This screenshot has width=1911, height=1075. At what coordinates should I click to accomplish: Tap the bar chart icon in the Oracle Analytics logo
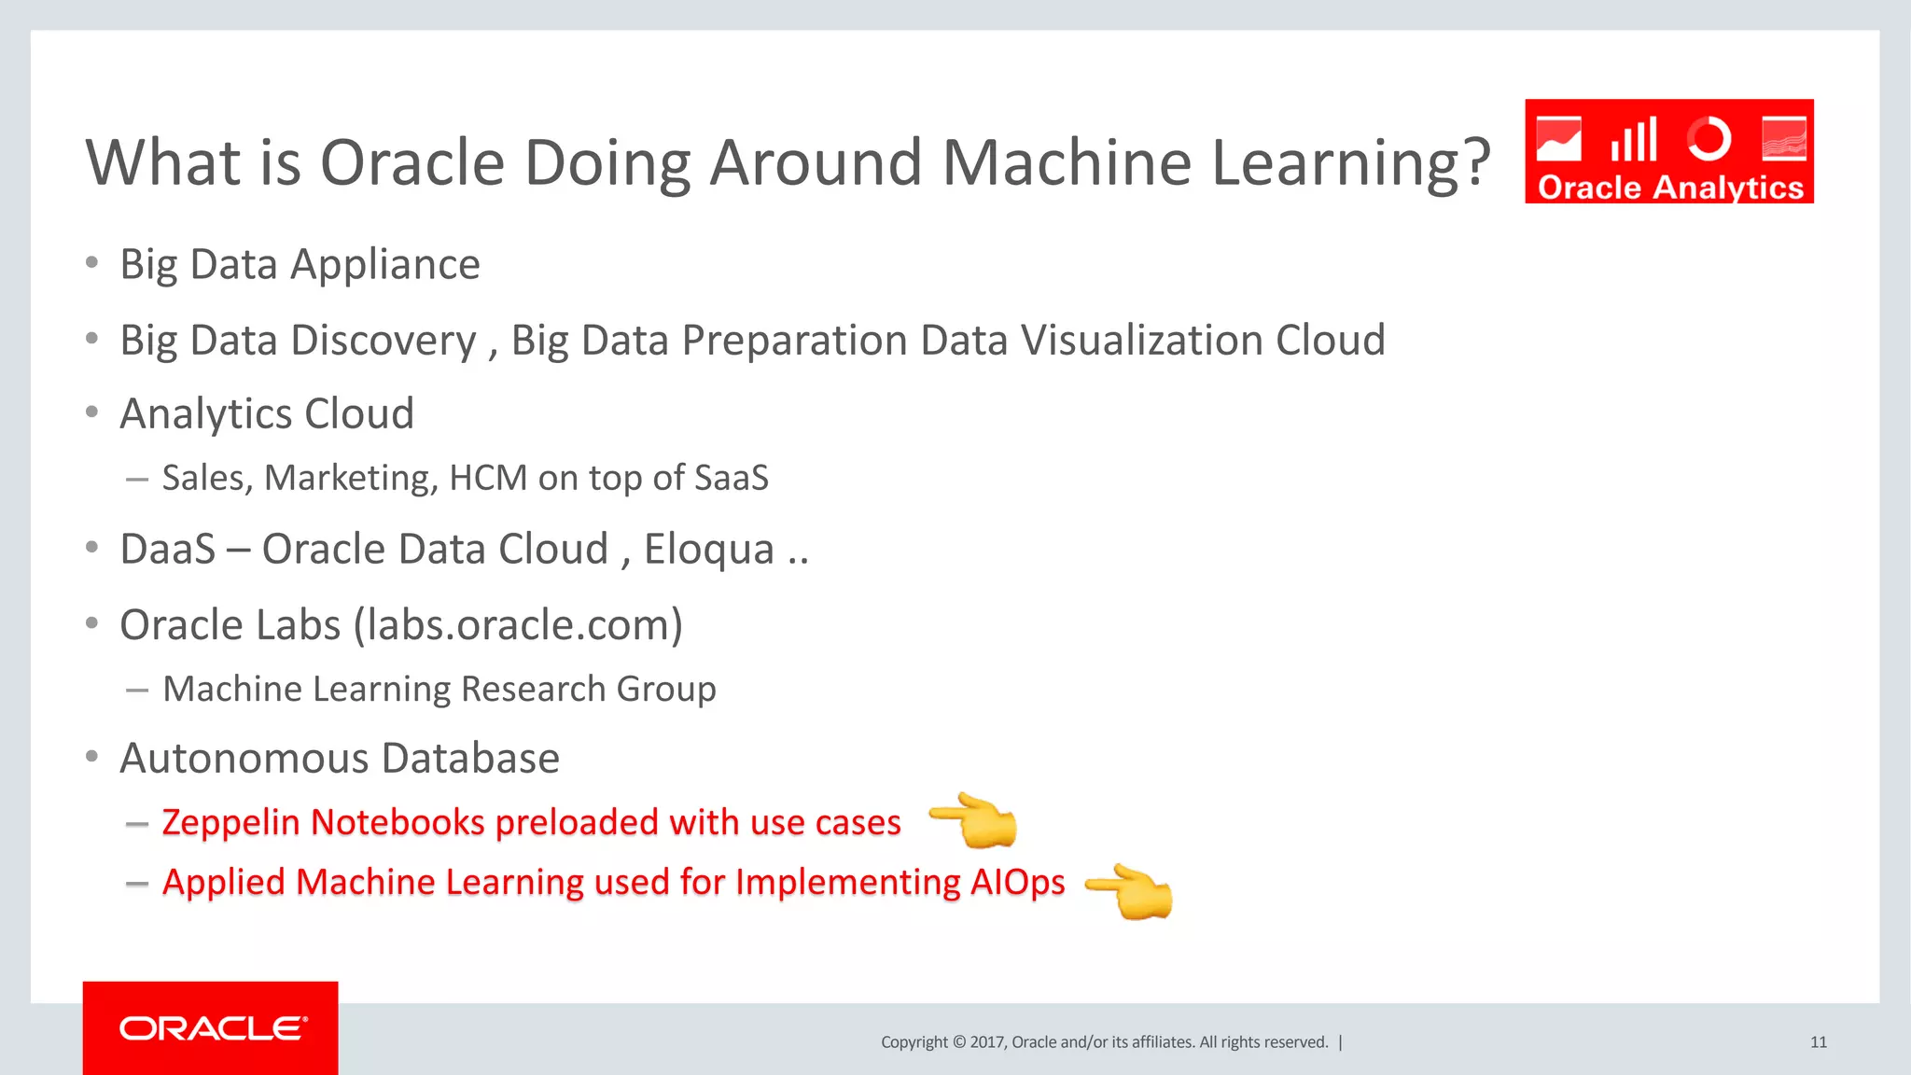pos(1633,140)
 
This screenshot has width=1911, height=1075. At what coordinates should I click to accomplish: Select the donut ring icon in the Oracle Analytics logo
pos(1709,140)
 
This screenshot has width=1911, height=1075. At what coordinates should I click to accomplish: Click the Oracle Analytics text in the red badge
pos(1670,188)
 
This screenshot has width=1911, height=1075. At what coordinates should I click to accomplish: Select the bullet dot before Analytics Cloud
pos(91,412)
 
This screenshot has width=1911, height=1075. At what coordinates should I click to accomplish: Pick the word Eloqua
pos(709,549)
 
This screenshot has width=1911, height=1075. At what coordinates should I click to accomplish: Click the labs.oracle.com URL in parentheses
pos(518,625)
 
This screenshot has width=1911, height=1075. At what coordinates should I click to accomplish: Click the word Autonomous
pos(244,758)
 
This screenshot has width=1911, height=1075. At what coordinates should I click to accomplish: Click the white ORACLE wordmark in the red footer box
pos(212,1028)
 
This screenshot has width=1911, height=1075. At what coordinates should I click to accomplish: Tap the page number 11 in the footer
pos(1818,1042)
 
